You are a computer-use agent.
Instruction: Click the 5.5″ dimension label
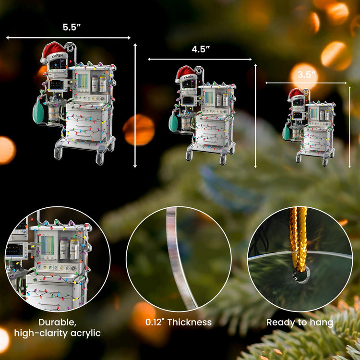72,27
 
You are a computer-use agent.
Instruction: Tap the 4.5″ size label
201,49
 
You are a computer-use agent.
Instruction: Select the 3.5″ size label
307,74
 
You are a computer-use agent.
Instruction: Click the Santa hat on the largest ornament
54,53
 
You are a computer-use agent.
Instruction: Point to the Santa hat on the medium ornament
186,74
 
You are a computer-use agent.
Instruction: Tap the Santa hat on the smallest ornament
296,95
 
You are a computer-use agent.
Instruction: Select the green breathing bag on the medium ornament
173,122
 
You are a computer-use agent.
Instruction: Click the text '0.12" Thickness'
179,322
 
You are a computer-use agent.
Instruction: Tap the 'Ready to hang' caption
300,323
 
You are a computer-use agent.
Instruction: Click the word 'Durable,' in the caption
58,323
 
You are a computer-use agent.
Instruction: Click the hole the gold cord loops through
301,275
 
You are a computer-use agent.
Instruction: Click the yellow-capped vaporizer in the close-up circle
74,249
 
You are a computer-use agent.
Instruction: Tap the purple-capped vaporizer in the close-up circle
64,249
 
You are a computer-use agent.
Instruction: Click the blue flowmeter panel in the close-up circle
48,245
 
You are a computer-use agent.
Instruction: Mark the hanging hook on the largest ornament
71,48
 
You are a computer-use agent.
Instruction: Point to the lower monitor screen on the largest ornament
57,85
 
